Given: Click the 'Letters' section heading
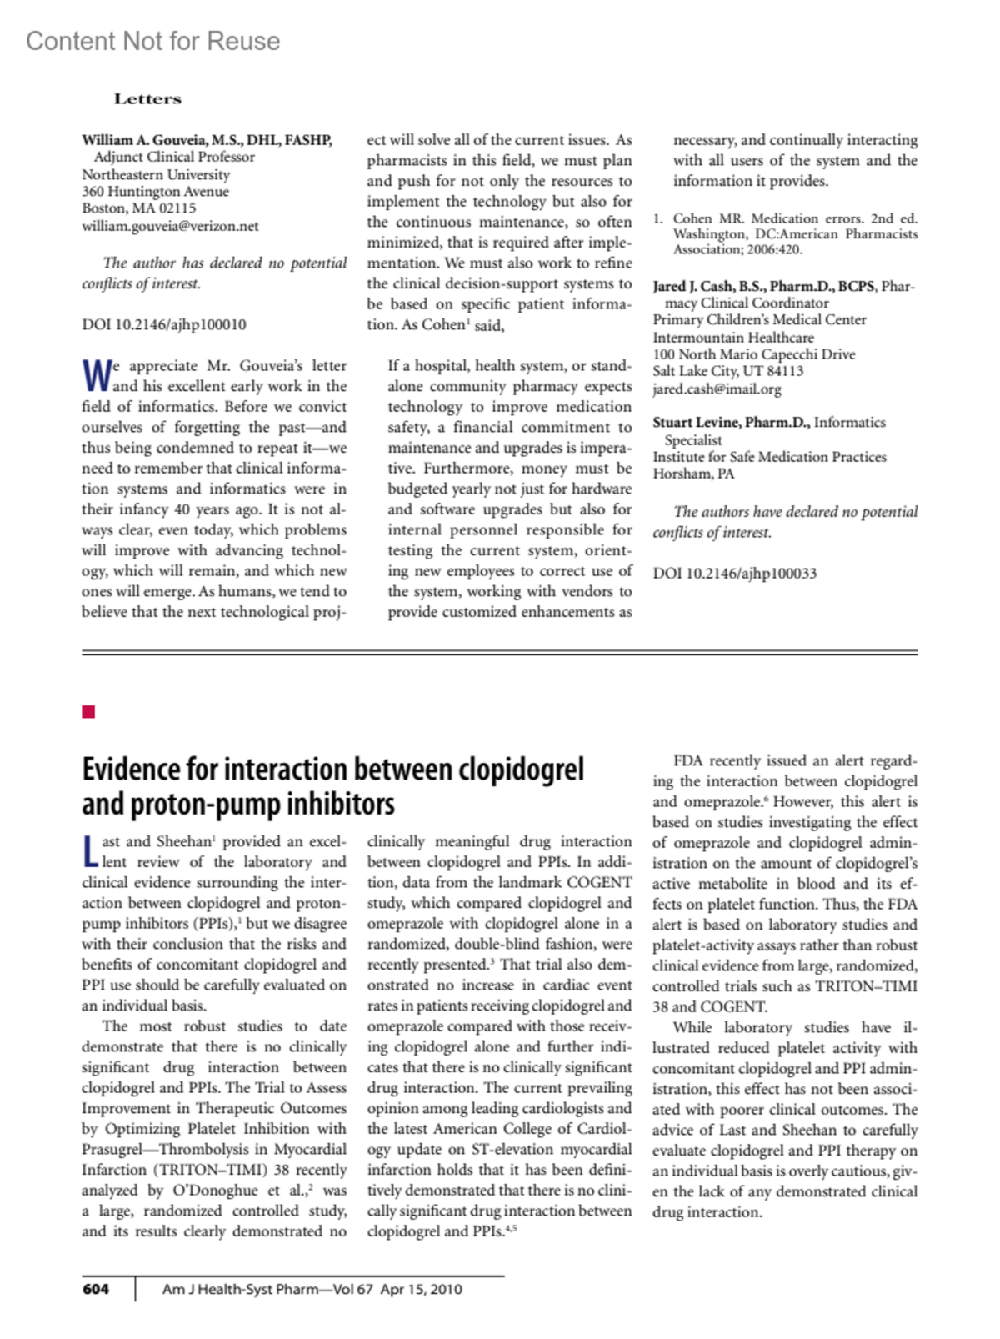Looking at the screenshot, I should coord(147,98).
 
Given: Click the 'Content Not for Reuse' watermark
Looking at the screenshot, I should coord(152,41).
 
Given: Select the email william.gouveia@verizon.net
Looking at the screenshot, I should coord(170,226).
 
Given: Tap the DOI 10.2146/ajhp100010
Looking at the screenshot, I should coord(163,324).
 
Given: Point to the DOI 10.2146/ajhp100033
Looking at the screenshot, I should coord(734,573).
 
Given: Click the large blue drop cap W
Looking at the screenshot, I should coord(96,376).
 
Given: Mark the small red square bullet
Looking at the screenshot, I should coord(88,711).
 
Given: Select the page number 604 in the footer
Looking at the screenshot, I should coord(96,1289).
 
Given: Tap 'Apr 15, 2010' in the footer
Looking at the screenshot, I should coord(421,1289).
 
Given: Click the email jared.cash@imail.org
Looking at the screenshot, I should coord(717,389).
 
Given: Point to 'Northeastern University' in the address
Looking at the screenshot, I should coord(156,174).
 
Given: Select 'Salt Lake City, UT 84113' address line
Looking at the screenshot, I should coord(727,371).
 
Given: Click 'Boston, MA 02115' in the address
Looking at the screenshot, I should coord(139,208).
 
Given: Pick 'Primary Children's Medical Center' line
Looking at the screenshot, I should coord(759,320).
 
